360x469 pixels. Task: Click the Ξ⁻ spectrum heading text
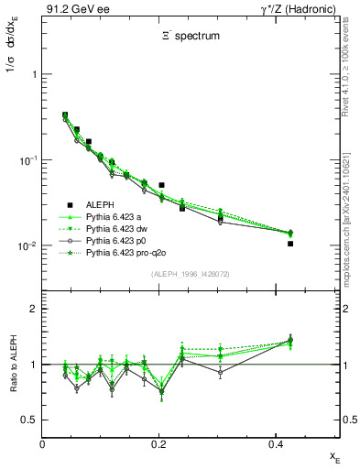191,39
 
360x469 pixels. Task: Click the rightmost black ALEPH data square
290,244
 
